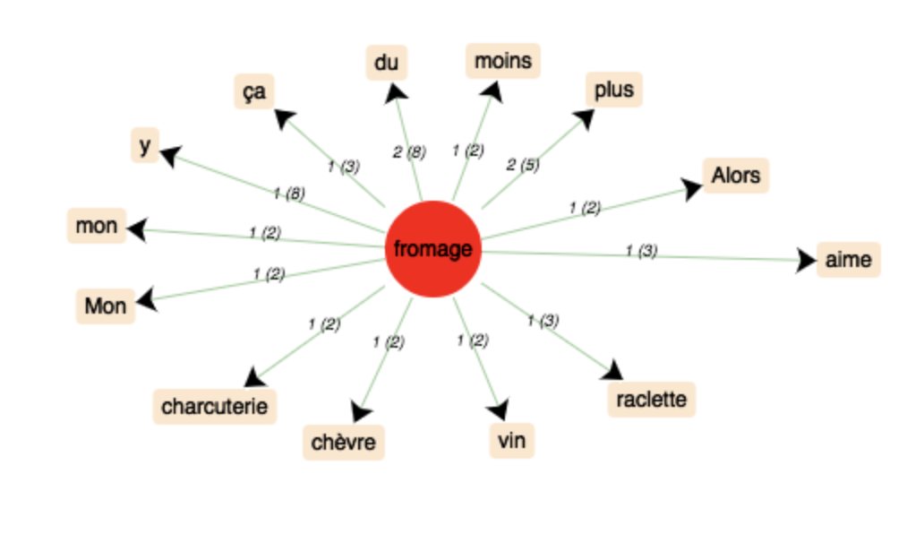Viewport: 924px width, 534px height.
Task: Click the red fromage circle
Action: click(x=433, y=249)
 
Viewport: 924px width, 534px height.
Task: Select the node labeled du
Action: click(x=387, y=63)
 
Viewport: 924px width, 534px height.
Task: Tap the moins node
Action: click(x=503, y=61)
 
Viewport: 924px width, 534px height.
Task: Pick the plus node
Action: click(x=614, y=90)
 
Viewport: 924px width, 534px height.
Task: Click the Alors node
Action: click(x=736, y=176)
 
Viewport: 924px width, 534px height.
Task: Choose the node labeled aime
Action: click(x=849, y=260)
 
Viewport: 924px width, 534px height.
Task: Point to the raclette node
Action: click(x=652, y=400)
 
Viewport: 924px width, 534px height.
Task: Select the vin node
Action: click(x=512, y=440)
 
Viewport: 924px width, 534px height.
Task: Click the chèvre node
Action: click(x=344, y=442)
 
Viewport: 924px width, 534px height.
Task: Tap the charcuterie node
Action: click(x=215, y=407)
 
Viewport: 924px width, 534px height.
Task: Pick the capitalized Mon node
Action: click(x=106, y=306)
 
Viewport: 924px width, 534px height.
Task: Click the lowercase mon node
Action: click(x=97, y=226)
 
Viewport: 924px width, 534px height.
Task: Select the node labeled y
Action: click(x=145, y=145)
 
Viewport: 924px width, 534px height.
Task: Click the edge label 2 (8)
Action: click(x=409, y=152)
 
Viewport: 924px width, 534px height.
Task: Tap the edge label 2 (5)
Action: click(x=523, y=165)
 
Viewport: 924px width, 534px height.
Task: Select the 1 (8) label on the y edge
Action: click(x=288, y=193)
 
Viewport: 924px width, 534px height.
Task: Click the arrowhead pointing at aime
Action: click(x=806, y=260)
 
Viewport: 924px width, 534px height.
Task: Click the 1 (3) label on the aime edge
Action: click(x=641, y=251)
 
